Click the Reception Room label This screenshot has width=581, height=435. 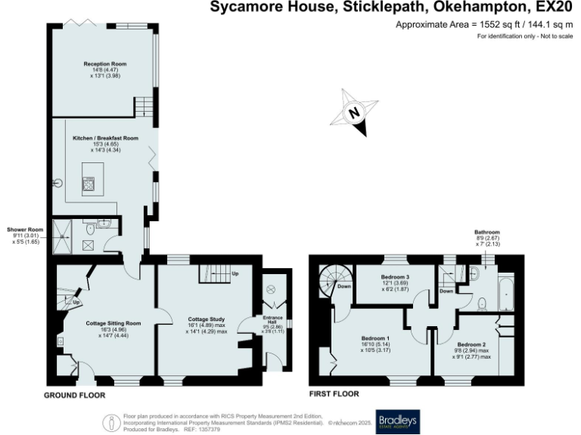click(x=102, y=64)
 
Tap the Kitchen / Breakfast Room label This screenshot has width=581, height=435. click(x=105, y=139)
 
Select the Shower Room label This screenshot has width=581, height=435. click(x=26, y=229)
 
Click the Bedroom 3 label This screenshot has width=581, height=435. click(x=395, y=278)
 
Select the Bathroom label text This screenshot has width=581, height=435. click(x=487, y=232)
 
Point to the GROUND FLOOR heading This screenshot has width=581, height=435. click(x=75, y=395)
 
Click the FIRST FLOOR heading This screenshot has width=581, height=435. click(x=334, y=394)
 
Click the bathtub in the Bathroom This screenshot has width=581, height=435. click(x=504, y=295)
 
